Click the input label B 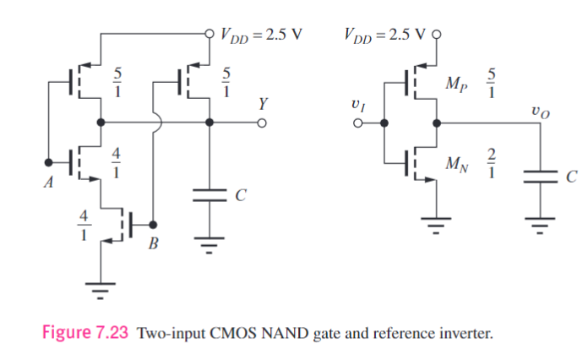(153, 245)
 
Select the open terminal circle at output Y (262, 123)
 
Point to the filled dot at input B (153, 225)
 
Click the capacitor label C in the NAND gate (241, 196)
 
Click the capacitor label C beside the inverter (572, 177)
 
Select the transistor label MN (455, 163)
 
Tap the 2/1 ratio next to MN (493, 163)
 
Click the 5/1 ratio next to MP (493, 83)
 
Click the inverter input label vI (357, 105)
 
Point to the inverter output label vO (539, 111)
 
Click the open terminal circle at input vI (358, 123)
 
